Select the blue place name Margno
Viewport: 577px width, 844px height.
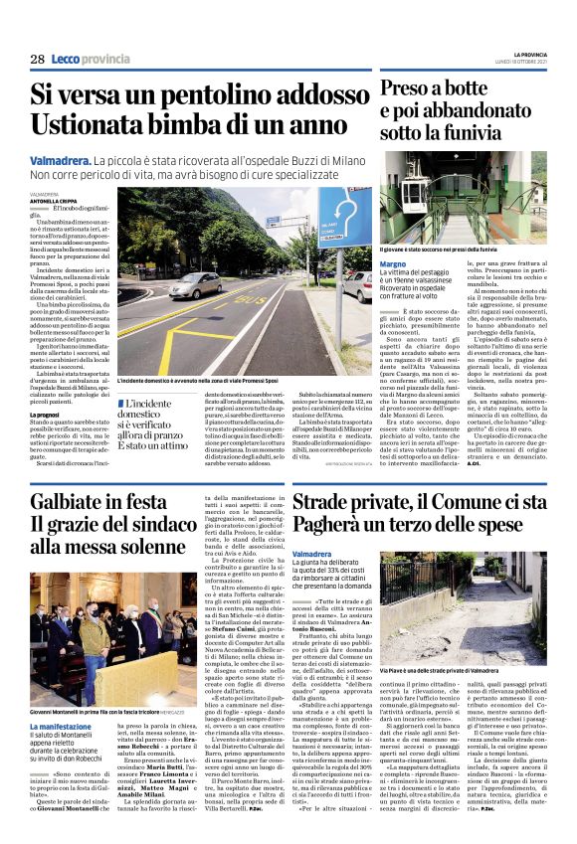(394, 262)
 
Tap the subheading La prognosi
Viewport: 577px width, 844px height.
(45, 415)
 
